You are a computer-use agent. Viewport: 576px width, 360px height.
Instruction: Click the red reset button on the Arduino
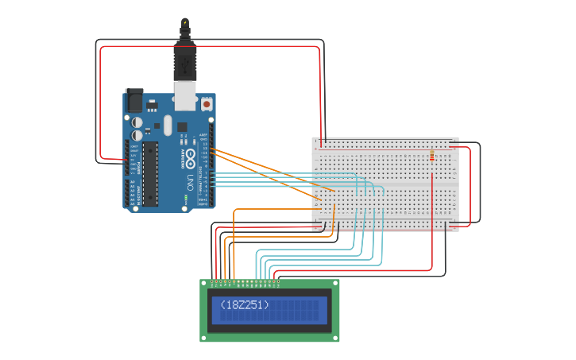click(x=207, y=103)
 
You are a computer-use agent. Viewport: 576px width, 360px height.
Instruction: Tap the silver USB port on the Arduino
click(x=185, y=97)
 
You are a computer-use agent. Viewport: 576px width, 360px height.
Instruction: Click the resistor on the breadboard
click(x=432, y=155)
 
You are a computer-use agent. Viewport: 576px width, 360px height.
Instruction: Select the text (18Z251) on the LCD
click(x=245, y=305)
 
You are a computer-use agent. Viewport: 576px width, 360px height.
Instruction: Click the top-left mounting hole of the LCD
click(x=204, y=284)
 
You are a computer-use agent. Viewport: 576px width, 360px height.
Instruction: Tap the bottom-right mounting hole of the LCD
click(x=335, y=338)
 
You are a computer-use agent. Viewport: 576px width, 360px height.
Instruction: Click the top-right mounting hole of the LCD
click(x=335, y=284)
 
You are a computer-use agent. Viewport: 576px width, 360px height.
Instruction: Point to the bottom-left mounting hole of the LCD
click(x=204, y=338)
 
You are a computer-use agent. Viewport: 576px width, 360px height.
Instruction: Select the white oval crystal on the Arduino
click(x=168, y=125)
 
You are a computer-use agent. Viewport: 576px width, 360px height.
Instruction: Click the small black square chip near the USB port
click(x=182, y=126)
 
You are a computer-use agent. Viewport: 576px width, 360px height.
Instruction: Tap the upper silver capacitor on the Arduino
click(x=137, y=122)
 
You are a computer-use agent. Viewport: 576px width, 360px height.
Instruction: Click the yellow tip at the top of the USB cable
click(x=185, y=21)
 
